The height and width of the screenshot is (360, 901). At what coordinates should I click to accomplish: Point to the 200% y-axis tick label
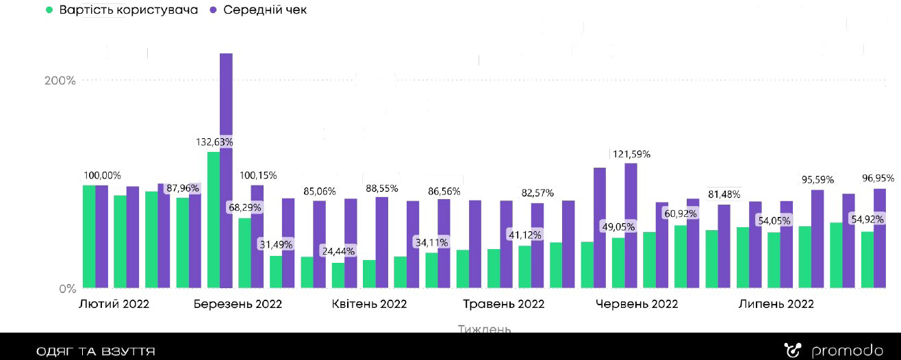coord(60,81)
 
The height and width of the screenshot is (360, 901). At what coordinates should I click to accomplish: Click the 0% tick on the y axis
coord(67,289)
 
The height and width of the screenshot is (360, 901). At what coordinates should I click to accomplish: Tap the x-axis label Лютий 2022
coord(114,304)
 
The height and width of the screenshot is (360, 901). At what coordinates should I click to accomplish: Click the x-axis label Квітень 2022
coord(369,304)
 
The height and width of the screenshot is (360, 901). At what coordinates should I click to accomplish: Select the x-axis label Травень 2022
coord(503,304)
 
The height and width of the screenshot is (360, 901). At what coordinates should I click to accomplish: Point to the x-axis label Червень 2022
coord(637,304)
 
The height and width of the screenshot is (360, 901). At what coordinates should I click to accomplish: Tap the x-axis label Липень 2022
coord(776,304)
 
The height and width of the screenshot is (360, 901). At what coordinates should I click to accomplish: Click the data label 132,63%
coord(214,142)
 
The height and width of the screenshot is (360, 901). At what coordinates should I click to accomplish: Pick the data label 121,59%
coord(630,154)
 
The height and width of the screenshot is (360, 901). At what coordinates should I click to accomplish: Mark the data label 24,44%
coord(338,251)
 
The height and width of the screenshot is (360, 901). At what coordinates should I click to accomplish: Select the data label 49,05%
coord(618,227)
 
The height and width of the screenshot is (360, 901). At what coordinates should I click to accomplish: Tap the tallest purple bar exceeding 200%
coord(226,171)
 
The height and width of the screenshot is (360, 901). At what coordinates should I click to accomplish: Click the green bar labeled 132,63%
coord(214,219)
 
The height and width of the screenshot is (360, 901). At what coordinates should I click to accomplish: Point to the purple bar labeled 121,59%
coord(631,226)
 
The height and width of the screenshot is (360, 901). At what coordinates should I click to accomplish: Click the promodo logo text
coord(846,351)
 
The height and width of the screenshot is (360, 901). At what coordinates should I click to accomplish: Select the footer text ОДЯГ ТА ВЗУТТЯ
coord(96,352)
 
